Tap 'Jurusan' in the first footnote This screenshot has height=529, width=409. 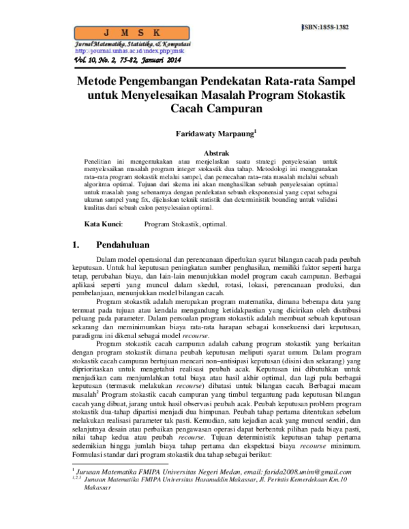(x=95, y=492)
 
